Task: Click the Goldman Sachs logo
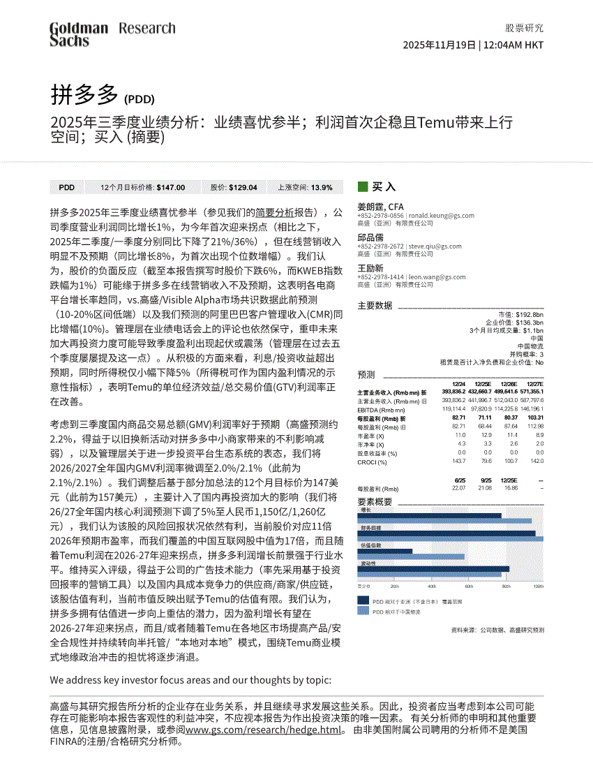(x=78, y=34)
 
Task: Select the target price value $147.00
(x=171, y=187)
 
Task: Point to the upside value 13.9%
(x=322, y=187)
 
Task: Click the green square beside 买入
(x=362, y=186)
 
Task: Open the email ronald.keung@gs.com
(x=441, y=216)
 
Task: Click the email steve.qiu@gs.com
(x=435, y=246)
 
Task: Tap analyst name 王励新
(x=370, y=268)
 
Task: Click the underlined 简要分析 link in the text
(x=274, y=212)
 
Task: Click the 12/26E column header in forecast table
(x=509, y=384)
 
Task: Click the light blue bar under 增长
(x=444, y=521)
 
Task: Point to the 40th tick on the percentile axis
(x=431, y=586)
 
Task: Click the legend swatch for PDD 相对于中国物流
(x=363, y=611)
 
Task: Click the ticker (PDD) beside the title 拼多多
(x=139, y=99)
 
